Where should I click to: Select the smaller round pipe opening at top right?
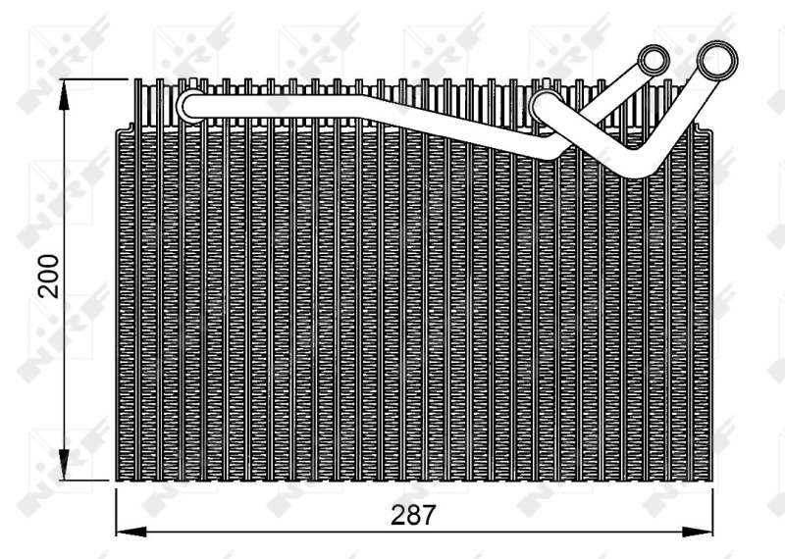pyautogui.click(x=652, y=61)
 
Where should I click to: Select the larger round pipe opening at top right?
pyautogui.click(x=717, y=62)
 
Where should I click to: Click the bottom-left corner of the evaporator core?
pyautogui.click(x=117, y=481)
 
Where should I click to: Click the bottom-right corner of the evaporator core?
pyautogui.click(x=712, y=481)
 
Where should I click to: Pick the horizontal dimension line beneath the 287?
pyautogui.click(x=294, y=532)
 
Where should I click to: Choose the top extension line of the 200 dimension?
pyautogui.click(x=98, y=77)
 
